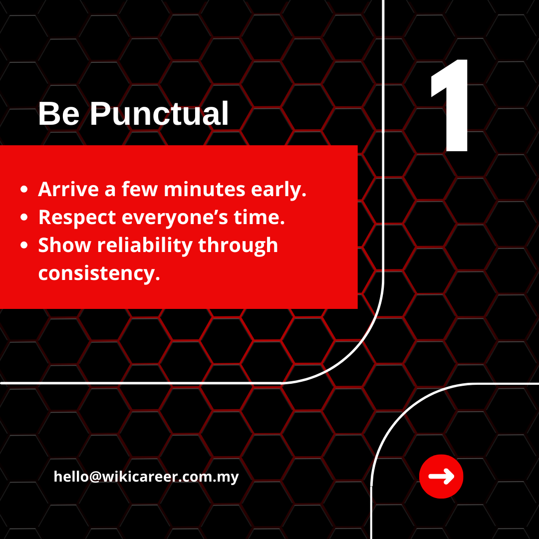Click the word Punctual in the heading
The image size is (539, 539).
[159, 113]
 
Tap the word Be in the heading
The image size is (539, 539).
[59, 113]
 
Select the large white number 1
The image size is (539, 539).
[450, 105]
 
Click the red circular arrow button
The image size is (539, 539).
[441, 477]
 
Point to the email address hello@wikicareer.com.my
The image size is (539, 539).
[146, 477]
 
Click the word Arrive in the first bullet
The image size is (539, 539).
[68, 190]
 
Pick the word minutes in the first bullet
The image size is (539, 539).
[205, 190]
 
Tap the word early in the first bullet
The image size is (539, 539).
[278, 190]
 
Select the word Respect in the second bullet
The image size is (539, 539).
[77, 218]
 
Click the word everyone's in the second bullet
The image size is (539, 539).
[175, 218]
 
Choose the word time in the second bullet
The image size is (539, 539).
[259, 217]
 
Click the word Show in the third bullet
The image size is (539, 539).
[64, 245]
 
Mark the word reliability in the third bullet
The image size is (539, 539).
[145, 246]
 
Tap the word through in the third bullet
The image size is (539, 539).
[238, 246]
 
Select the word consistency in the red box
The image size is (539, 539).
[99, 274]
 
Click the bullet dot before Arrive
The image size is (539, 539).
[24, 189]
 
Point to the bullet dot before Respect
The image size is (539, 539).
[24, 217]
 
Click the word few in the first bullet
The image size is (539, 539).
[140, 190]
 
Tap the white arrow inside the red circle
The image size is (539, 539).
[441, 477]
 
